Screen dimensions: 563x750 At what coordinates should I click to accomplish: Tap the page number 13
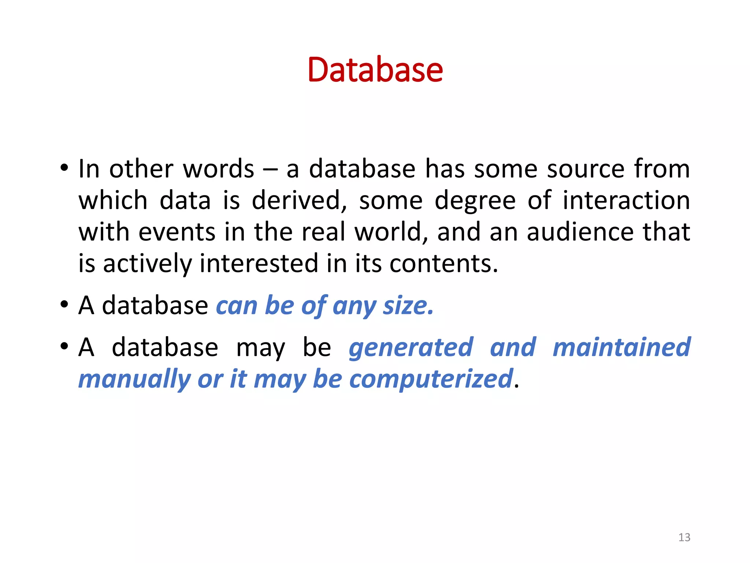pyautogui.click(x=684, y=537)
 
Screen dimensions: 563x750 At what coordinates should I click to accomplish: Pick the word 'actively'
pyautogui.click(x=147, y=264)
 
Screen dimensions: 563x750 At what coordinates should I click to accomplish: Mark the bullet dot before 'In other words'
pyautogui.click(x=64, y=169)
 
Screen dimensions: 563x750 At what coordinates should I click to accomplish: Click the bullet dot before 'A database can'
pyautogui.click(x=64, y=305)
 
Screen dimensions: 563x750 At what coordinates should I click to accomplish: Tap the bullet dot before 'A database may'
pyautogui.click(x=64, y=346)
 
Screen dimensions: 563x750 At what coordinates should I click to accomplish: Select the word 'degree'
pyautogui.click(x=475, y=201)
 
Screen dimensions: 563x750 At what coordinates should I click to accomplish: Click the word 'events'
pyautogui.click(x=177, y=232)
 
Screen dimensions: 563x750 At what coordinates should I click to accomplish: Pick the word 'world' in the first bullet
pyautogui.click(x=388, y=232)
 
